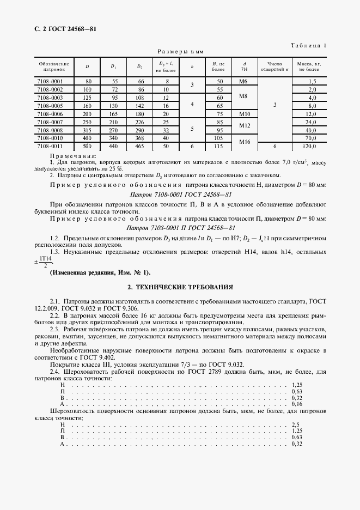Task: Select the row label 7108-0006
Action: pyautogui.click(x=50, y=113)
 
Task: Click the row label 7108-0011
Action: pyautogui.click(x=50, y=146)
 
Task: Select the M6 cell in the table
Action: pyautogui.click(x=243, y=81)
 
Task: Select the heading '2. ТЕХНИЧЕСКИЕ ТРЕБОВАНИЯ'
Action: pyautogui.click(x=180, y=286)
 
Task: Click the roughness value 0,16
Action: pyautogui.click(x=296, y=404)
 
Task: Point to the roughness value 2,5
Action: pyautogui.click(x=296, y=424)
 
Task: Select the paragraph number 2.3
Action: pyautogui.click(x=54, y=330)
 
